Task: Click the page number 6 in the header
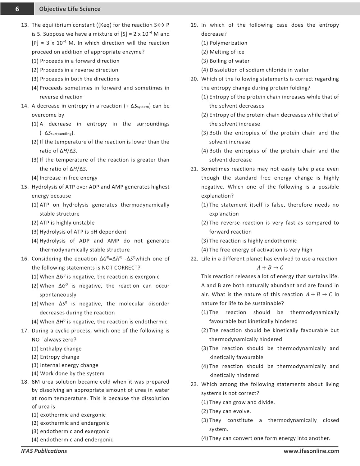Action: (17, 9)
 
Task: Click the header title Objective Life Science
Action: (70, 9)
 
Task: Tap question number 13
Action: (25, 25)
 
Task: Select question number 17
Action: (25, 331)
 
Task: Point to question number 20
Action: (194, 79)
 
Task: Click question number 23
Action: (194, 384)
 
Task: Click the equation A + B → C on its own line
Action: (270, 267)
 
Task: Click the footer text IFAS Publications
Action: (44, 451)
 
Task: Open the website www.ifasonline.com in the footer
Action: (311, 451)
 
